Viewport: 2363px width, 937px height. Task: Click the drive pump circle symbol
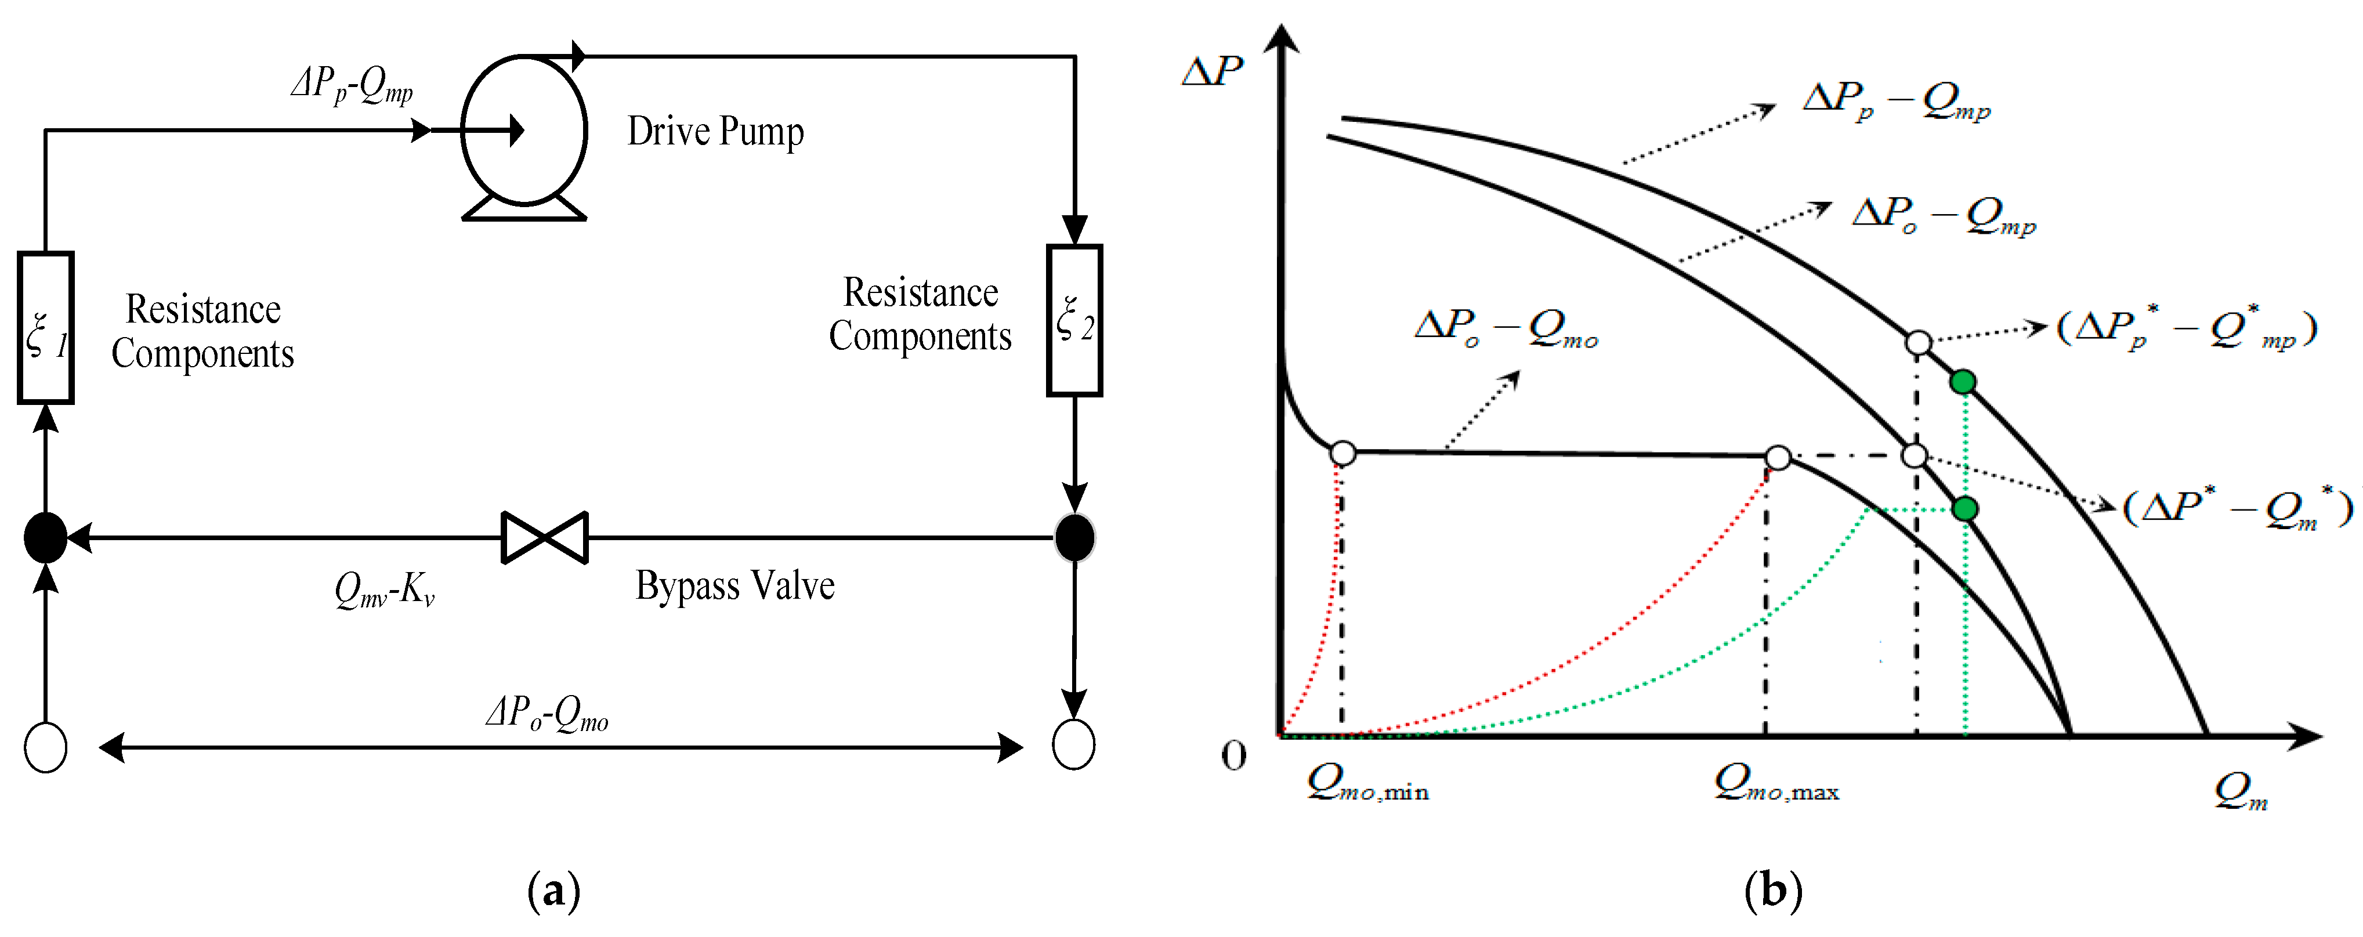coord(524,131)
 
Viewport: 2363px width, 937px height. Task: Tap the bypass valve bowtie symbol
coord(545,538)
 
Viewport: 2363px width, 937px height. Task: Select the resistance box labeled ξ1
coord(45,328)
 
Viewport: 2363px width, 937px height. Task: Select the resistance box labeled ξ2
coord(1074,320)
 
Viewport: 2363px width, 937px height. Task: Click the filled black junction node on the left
coord(45,538)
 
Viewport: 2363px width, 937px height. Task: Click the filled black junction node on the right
coord(1074,538)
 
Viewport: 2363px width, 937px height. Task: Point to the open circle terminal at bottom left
coord(45,747)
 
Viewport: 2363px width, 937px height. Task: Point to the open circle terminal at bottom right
coord(1073,743)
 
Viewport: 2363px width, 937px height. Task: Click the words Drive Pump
coord(715,131)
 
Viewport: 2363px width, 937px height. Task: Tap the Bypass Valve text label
coord(734,585)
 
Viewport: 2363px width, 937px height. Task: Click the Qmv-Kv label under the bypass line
coord(384,589)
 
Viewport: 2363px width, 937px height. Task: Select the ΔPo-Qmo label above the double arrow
coord(548,712)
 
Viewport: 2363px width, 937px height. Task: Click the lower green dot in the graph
coord(1964,508)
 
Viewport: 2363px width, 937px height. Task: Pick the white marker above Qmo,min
coord(1342,453)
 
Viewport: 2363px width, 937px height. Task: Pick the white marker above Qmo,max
coord(1778,457)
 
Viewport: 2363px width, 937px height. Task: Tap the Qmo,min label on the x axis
coord(1367,784)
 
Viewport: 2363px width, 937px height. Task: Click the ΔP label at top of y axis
coord(1212,71)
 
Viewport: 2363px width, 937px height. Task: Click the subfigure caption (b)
coord(1772,890)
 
